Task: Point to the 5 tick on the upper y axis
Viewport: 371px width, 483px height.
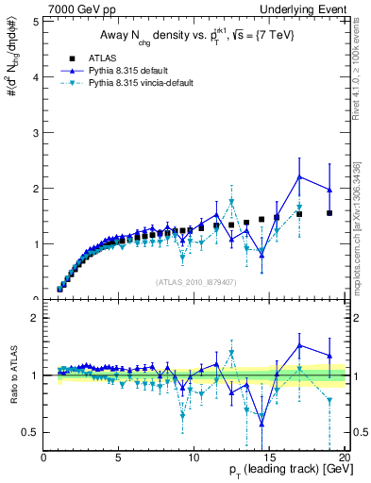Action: pyautogui.click(x=36, y=20)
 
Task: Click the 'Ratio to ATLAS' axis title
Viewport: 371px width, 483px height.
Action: pyautogui.click(x=12, y=377)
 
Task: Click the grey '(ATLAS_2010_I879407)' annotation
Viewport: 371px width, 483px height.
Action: pyautogui.click(x=194, y=281)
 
